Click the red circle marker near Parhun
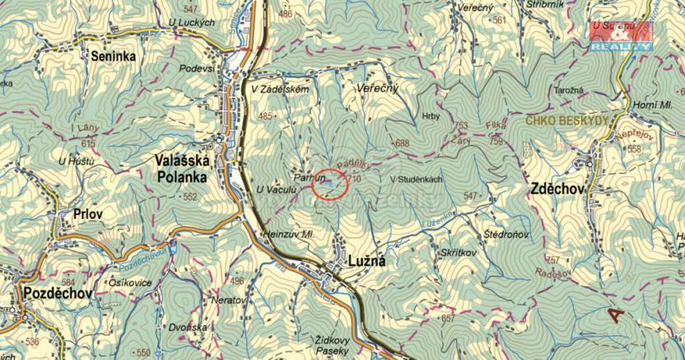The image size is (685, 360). click(x=330, y=184)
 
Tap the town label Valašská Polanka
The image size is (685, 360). click(x=181, y=168)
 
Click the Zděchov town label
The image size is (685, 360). click(x=557, y=189)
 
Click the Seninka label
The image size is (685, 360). click(x=114, y=56)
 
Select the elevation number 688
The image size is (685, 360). click(x=402, y=143)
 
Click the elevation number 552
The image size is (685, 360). click(x=190, y=198)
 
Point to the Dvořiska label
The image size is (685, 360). click(x=189, y=327)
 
